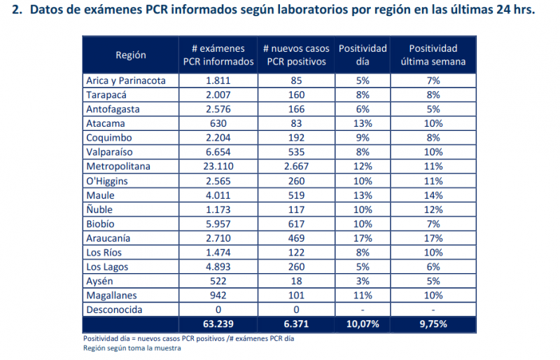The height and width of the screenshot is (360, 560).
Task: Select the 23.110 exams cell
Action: [219, 167]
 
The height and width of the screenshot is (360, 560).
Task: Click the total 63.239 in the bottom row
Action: [219, 324]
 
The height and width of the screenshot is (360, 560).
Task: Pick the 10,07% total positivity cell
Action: [362, 324]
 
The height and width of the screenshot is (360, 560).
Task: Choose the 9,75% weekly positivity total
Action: [433, 324]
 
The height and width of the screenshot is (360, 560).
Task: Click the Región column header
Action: [131, 55]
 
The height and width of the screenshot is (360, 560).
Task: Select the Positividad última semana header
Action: [433, 55]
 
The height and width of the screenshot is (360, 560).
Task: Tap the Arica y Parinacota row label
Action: [126, 81]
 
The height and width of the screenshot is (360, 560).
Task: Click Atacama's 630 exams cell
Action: [219, 123]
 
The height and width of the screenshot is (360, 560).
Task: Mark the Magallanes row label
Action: [112, 296]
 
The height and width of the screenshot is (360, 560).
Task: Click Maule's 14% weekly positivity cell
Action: [433, 195]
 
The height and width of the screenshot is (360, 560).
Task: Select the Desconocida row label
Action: [114, 310]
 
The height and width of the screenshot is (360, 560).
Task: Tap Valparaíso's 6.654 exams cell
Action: [219, 152]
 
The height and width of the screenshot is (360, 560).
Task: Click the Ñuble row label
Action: [99, 209]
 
